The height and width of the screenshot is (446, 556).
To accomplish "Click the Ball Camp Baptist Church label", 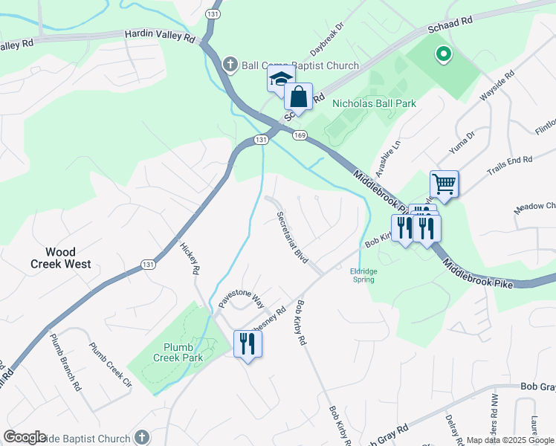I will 300,65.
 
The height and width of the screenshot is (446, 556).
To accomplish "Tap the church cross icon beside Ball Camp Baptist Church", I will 230,65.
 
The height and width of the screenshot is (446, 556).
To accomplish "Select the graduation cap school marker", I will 282,79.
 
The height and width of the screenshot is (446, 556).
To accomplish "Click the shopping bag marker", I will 298,97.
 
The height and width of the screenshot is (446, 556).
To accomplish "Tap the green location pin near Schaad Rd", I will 443,54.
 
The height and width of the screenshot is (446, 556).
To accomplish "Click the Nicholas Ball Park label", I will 374,104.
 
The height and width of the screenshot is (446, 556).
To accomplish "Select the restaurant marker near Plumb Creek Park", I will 248,343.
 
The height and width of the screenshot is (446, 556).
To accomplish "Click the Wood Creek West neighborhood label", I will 61,258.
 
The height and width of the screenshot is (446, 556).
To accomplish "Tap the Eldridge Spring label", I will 363,275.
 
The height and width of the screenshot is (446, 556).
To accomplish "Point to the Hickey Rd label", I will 190,257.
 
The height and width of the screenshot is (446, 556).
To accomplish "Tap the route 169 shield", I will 300,135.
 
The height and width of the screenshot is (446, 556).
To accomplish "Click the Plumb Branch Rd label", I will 65,361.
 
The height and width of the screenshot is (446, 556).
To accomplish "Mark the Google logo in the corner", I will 25,437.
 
